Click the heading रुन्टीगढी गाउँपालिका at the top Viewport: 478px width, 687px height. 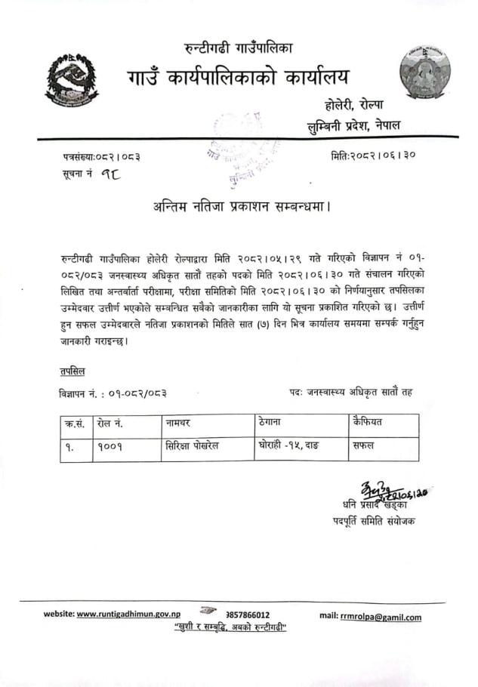pyautogui.click(x=239, y=49)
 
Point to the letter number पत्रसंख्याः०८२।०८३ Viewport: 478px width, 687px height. pyautogui.click(x=100, y=157)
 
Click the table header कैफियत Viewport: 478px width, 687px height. pyautogui.click(x=367, y=422)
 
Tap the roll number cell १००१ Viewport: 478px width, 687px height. pyautogui.click(x=110, y=446)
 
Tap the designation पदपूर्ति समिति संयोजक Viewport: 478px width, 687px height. pyautogui.click(x=373, y=522)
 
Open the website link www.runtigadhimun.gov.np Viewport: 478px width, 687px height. pyautogui.click(x=133, y=615)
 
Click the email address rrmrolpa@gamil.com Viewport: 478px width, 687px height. pyautogui.click(x=380, y=616)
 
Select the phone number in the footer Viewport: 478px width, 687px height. pyautogui.click(x=242, y=615)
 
